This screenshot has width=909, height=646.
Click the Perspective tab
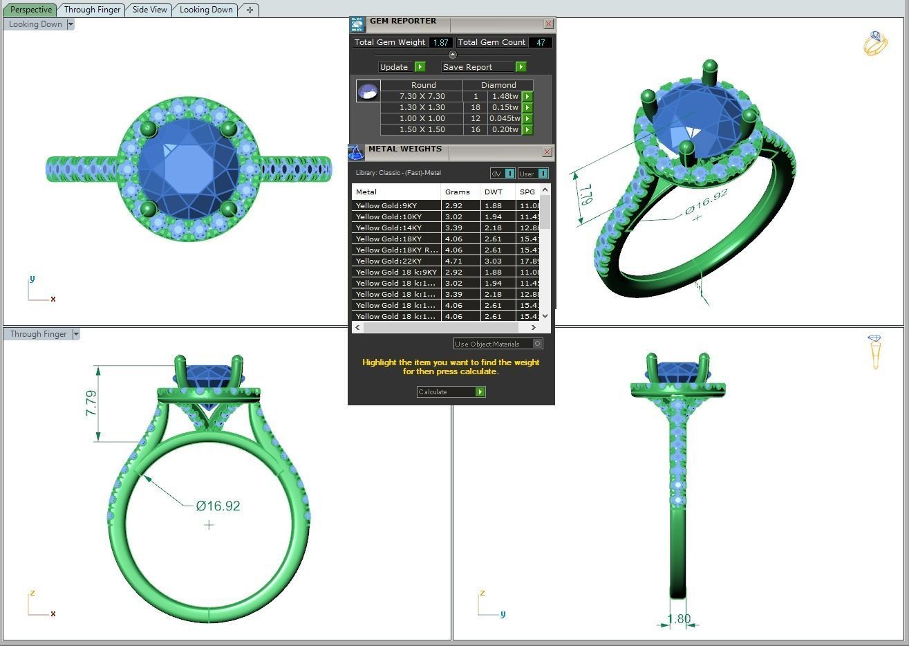pos(31,10)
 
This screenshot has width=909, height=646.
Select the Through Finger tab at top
pos(92,10)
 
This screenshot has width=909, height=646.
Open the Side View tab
pos(149,10)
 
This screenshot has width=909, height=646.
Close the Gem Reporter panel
pos(548,24)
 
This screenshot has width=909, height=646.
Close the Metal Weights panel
pos(547,151)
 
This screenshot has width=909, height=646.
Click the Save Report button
pos(483,67)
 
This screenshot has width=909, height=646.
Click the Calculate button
pos(450,392)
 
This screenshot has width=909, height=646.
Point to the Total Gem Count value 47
pos(540,42)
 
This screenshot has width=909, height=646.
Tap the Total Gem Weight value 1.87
pos(440,42)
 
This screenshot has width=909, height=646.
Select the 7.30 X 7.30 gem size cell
pos(422,96)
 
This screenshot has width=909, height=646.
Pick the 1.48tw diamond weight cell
pos(505,96)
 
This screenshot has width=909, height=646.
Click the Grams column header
pos(458,192)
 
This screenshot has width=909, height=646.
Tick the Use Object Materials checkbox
pos(538,344)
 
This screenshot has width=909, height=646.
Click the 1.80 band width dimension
pos(679,619)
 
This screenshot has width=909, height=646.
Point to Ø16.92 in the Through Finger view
pos(218,506)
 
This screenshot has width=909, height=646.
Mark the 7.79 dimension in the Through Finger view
pos(91,403)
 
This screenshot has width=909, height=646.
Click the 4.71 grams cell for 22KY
pos(453,261)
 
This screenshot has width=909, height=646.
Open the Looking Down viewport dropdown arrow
pos(70,24)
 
